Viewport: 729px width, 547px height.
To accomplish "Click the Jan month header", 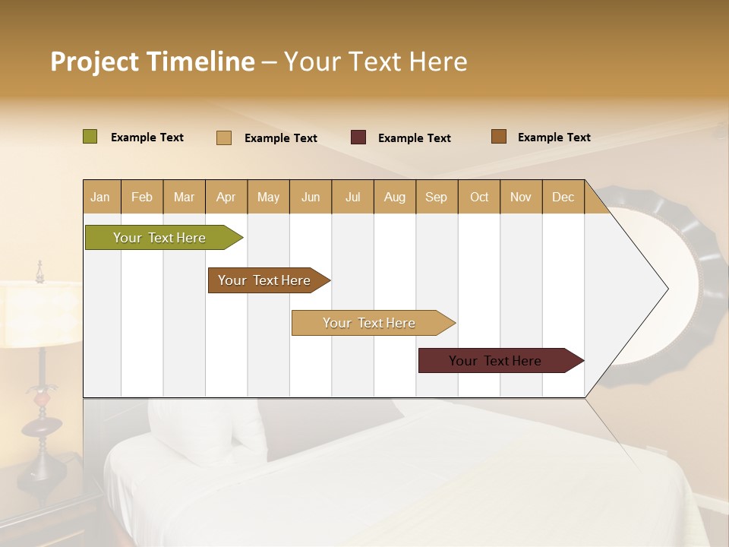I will pos(100,198).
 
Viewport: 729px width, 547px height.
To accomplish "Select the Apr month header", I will pos(226,198).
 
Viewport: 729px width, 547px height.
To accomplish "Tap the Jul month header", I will pos(352,198).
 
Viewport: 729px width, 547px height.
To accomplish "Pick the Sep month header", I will pos(436,198).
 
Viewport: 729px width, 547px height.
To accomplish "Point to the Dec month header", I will pos(563,198).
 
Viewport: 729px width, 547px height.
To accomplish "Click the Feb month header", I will pos(142,198).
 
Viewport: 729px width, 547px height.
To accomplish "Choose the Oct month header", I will pos(479,198).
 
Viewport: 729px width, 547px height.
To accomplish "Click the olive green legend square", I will pos(90,137).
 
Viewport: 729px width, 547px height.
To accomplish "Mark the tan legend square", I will pos(224,138).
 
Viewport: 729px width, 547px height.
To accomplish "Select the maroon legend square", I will pos(358,138).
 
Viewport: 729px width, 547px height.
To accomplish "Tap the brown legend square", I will pos(499,137).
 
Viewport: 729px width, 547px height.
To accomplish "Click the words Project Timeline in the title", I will pos(153,62).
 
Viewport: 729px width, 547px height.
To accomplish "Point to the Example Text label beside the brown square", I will pos(554,138).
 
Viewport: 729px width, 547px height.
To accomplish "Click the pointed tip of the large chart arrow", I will pos(666,289).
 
